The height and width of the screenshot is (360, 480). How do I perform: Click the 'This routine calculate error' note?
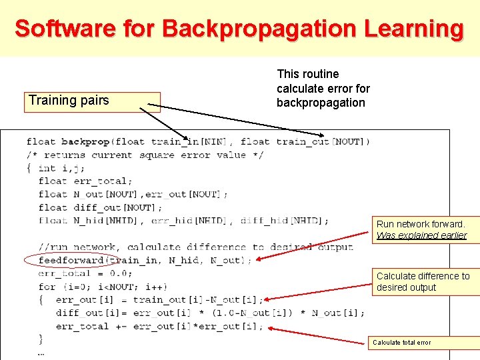click(x=323, y=88)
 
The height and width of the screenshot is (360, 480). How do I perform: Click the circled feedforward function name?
click(x=71, y=260)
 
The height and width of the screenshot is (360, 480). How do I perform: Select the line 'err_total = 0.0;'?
click(x=85, y=273)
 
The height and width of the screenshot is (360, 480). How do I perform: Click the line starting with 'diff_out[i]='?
click(x=210, y=313)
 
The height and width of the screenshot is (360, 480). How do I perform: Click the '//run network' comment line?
click(x=195, y=247)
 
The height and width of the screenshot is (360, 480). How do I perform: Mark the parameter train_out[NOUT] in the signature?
click(x=323, y=141)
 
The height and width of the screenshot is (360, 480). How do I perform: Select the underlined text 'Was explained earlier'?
click(x=421, y=235)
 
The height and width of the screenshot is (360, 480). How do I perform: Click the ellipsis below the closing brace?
click(x=41, y=353)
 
